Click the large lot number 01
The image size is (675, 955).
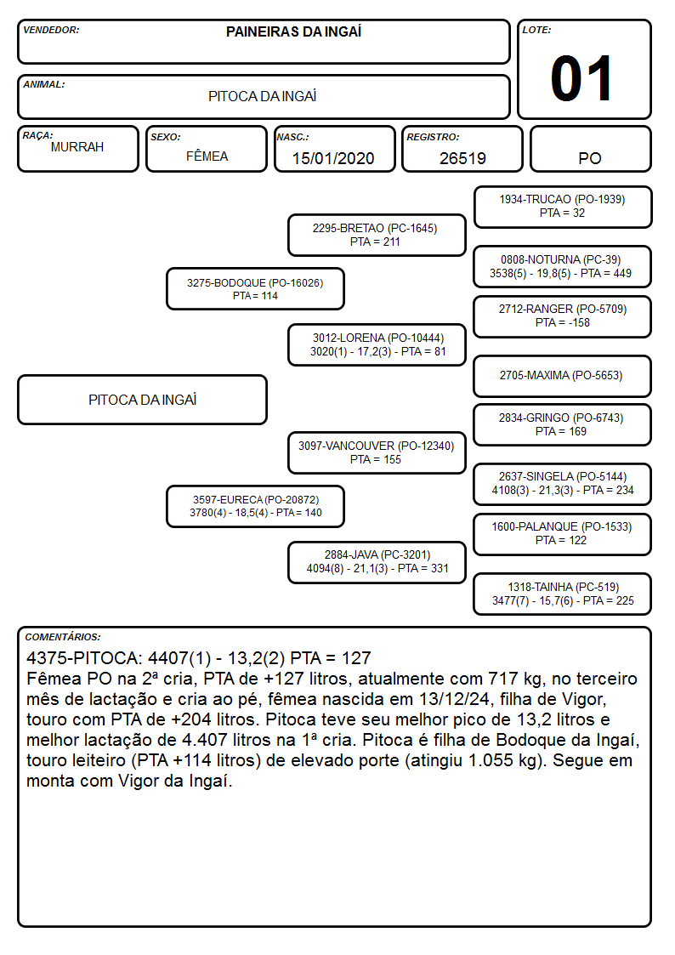tap(581, 78)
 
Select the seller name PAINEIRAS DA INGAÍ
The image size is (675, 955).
tap(293, 31)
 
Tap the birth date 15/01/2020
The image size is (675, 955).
tap(333, 158)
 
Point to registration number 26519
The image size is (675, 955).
tap(462, 158)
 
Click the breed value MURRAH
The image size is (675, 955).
tap(77, 147)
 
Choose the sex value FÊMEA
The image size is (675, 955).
tap(207, 156)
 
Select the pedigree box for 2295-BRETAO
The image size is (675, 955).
tap(377, 235)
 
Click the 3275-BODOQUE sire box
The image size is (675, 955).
tap(255, 288)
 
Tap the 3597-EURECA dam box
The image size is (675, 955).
tap(255, 506)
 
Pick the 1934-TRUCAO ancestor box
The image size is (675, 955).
tap(563, 207)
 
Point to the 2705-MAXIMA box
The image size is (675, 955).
tap(563, 376)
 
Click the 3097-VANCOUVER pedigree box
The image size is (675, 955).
tap(377, 452)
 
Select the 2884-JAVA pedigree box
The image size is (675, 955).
tap(377, 562)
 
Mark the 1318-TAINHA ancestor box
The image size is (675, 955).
tap(563, 594)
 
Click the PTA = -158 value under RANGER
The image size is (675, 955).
tap(563, 323)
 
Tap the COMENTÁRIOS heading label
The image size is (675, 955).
tap(63, 637)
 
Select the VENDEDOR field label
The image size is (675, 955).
tap(51, 30)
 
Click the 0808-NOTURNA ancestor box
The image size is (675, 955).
tap(563, 266)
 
